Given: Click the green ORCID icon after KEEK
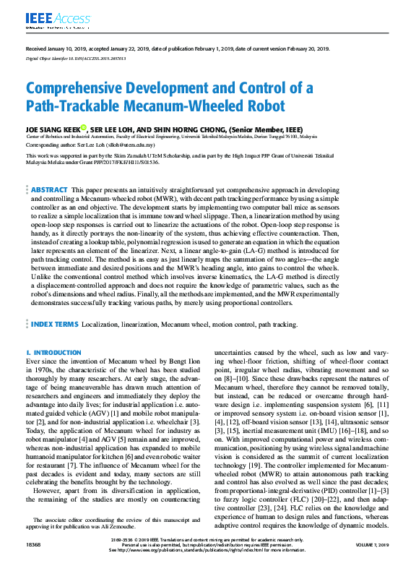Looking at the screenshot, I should click(x=83, y=127).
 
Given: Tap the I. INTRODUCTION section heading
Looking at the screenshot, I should click(x=53, y=352).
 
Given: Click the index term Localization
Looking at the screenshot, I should click(x=99, y=325).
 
